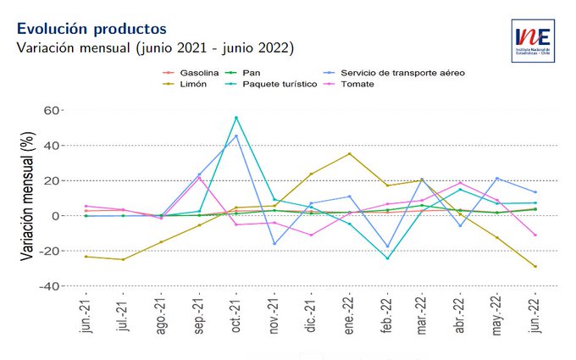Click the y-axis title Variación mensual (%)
pos(28,199)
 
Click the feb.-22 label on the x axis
pos(387,316)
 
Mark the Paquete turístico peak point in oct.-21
pos(236,118)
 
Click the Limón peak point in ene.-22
pos(349,154)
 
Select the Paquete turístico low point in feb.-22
pos(386,258)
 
